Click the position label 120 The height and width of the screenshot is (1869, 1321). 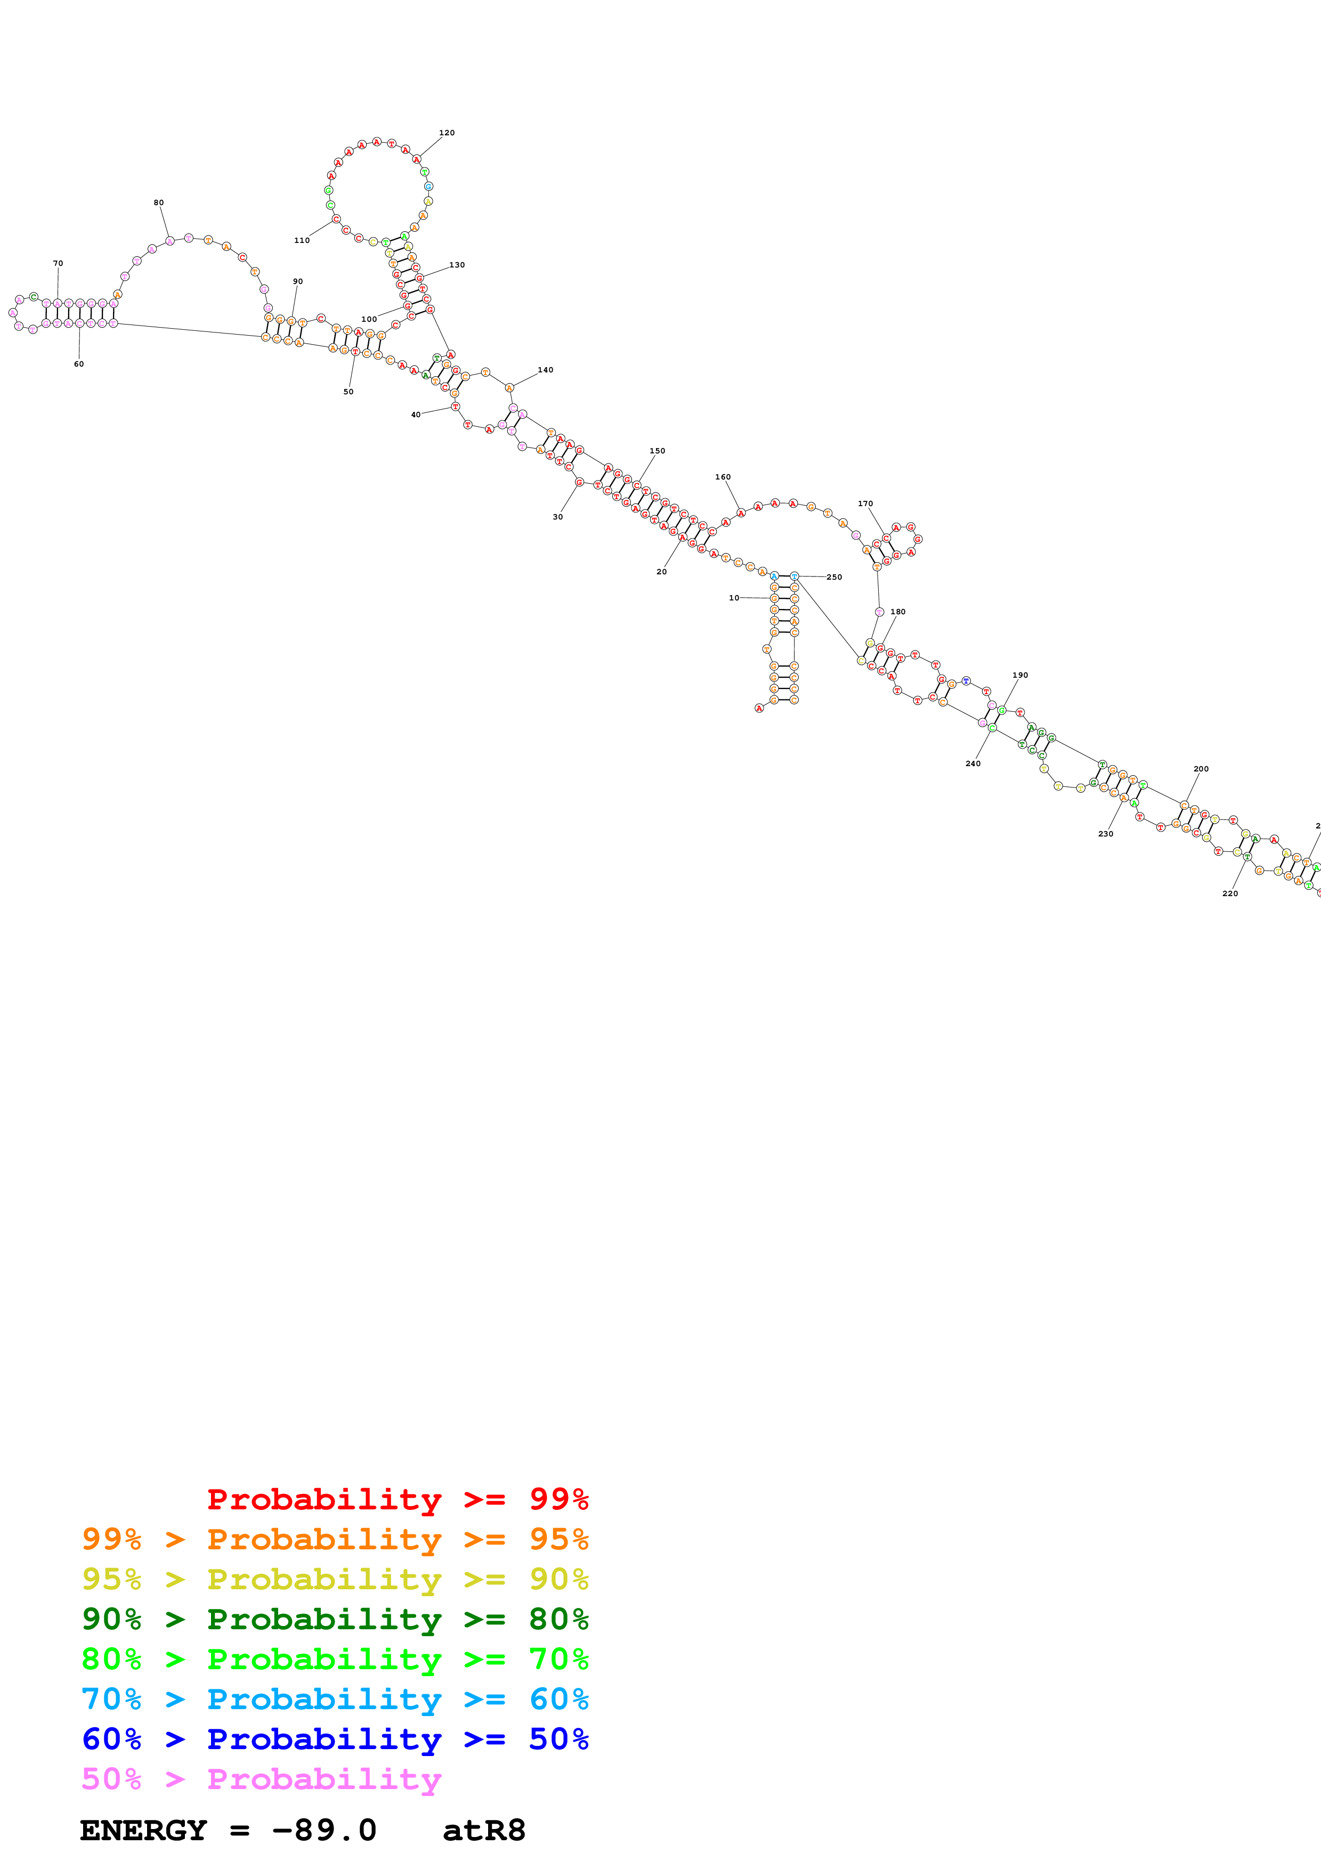(447, 133)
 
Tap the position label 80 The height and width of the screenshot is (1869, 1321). (159, 202)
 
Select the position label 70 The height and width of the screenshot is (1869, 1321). (58, 264)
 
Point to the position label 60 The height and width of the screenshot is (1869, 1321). (79, 364)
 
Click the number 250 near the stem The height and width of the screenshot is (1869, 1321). (834, 577)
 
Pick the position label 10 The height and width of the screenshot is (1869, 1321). (734, 597)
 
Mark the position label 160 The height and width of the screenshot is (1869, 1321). (723, 477)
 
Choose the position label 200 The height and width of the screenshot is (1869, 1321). (1201, 768)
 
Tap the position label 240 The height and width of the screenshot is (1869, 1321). (972, 763)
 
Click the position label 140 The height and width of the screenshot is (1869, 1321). (545, 370)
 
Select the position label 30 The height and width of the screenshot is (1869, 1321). (557, 517)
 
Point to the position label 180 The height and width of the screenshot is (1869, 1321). (898, 611)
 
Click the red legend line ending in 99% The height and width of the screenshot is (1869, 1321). (397, 1499)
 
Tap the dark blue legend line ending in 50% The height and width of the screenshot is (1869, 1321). (335, 1739)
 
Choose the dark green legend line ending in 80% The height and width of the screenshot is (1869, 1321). (335, 1619)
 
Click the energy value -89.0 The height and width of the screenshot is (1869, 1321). (324, 1830)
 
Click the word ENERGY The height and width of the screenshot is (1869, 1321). (143, 1830)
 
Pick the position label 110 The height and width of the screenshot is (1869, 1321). (302, 240)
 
